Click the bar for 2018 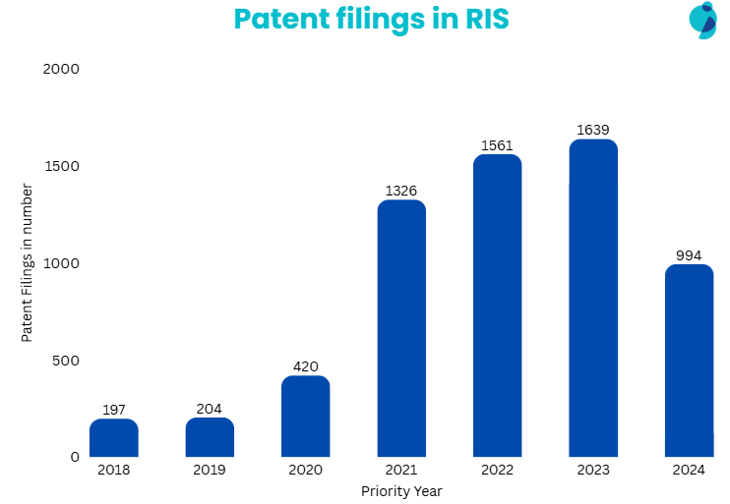pos(113,438)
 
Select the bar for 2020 pos(305,417)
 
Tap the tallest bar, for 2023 pos(593,299)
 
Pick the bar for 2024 pos(689,361)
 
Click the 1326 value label pos(401,191)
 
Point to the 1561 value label pos(497,145)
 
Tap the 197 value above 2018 pos(113,410)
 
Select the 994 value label pos(689,255)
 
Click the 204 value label pos(210,409)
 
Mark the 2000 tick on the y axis pos(62,70)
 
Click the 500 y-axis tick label pos(67,361)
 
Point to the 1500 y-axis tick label pos(62,166)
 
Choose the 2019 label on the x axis pos(210,471)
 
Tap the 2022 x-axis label pos(497,471)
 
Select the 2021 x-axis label pos(401,471)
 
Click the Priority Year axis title pos(401,490)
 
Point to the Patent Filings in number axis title pos(28,263)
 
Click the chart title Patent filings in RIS pos(371,19)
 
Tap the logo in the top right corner pos(703,20)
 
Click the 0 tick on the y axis pos(74,457)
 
